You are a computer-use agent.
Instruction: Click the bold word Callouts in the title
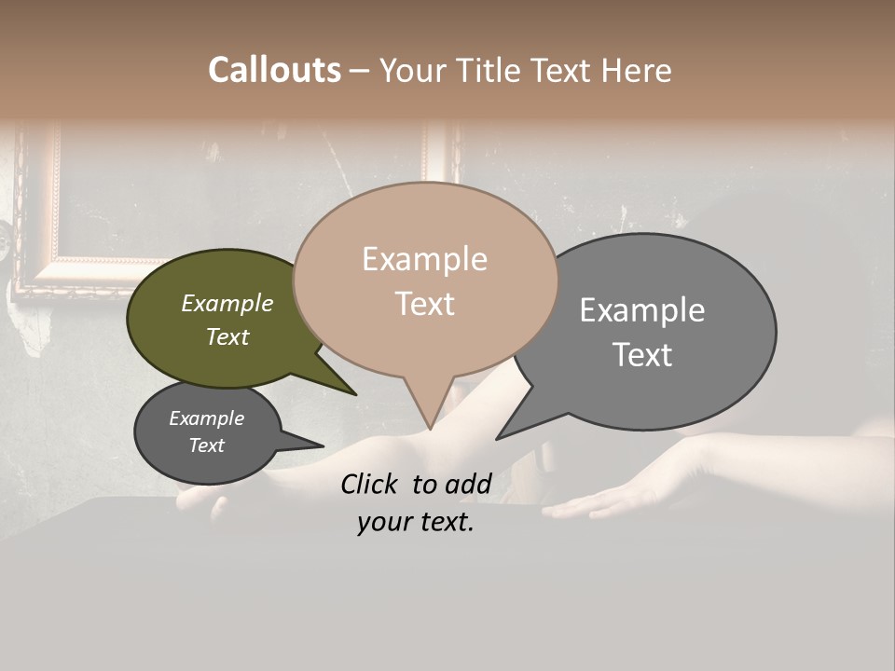[x=274, y=70]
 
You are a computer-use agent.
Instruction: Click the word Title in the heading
[x=493, y=70]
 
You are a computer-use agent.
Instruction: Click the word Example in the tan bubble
[x=424, y=259]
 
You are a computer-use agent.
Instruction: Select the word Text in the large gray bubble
[x=642, y=355]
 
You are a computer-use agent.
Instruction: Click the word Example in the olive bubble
[x=227, y=303]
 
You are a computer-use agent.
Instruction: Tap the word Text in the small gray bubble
[x=207, y=445]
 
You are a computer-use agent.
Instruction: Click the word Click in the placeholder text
[x=370, y=484]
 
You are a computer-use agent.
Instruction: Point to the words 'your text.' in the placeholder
[x=416, y=522]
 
